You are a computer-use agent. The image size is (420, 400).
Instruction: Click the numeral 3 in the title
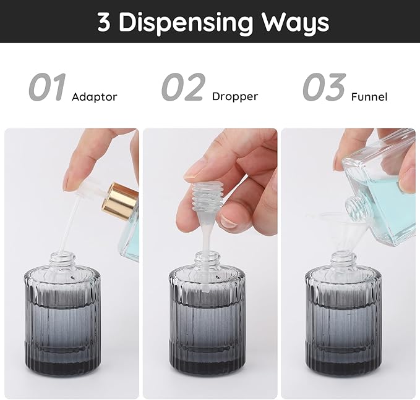pyautogui.click(x=105, y=22)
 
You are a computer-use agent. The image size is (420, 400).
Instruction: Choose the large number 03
pyautogui.click(x=324, y=88)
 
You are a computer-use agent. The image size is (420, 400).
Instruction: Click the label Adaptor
pyautogui.click(x=94, y=97)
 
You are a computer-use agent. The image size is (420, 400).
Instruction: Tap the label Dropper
pyautogui.click(x=234, y=96)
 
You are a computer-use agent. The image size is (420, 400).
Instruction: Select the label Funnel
pyautogui.click(x=369, y=97)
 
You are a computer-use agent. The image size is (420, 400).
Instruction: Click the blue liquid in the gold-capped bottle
pyautogui.click(x=129, y=244)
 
